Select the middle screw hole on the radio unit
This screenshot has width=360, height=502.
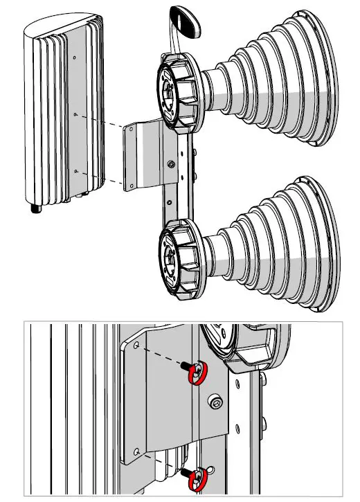coord(75,114)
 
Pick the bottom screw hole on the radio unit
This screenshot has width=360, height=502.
coord(75,170)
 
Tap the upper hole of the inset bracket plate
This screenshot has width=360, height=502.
coord(136,343)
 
